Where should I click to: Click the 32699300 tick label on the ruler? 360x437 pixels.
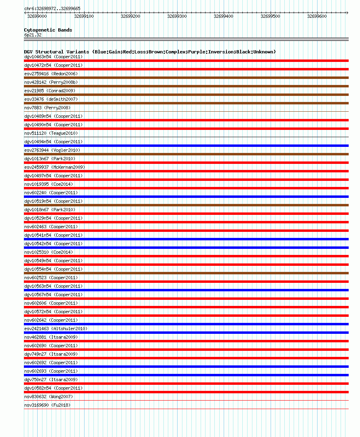pos(177,16)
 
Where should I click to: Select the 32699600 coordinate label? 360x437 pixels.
pos(317,16)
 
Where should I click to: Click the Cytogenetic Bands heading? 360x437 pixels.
pos(48,30)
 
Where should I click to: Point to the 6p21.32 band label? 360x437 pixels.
pos(33,35)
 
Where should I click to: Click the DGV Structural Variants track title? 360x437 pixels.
pos(150,52)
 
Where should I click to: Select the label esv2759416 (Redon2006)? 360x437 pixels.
pos(51,74)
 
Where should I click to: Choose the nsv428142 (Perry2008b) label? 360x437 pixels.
pos(51,82)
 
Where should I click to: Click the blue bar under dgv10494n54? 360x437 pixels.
pos(186,146)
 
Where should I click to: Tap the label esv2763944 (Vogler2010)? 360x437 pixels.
pos(52,150)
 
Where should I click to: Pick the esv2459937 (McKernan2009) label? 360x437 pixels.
pos(55,167)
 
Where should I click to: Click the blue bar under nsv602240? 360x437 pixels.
pos(186,197)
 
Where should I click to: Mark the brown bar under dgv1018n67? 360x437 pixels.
pos(186,205)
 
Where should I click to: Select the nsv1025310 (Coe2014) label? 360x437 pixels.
pos(49,252)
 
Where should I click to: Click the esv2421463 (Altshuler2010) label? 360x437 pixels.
pos(56,329)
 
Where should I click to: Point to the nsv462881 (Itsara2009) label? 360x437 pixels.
pos(51,337)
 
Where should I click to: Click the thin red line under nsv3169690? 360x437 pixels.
pos(186,409)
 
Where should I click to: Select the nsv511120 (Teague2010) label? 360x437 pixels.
pos(51,133)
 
